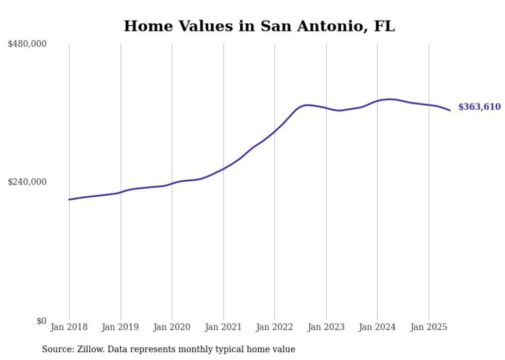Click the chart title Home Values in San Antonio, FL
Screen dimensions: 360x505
[259, 26]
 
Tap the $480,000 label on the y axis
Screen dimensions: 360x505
[27, 44]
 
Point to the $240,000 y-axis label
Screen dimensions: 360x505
[27, 182]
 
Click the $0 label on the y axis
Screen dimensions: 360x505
[41, 321]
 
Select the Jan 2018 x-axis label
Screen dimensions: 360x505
[69, 327]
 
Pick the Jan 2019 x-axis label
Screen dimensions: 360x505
[121, 327]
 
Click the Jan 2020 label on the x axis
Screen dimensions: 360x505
[172, 327]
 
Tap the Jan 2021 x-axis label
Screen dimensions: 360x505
[223, 327]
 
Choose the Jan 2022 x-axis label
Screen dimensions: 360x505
[275, 327]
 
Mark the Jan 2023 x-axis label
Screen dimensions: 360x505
[326, 327]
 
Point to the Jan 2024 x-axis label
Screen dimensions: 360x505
[377, 327]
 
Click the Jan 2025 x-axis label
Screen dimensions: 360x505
[429, 327]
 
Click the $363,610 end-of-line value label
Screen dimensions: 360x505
[479, 107]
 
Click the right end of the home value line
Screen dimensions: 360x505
[450, 110]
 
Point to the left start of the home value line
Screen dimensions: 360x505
[69, 199]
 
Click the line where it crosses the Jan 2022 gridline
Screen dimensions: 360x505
[275, 131]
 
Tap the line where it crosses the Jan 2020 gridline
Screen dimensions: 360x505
[172, 183]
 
